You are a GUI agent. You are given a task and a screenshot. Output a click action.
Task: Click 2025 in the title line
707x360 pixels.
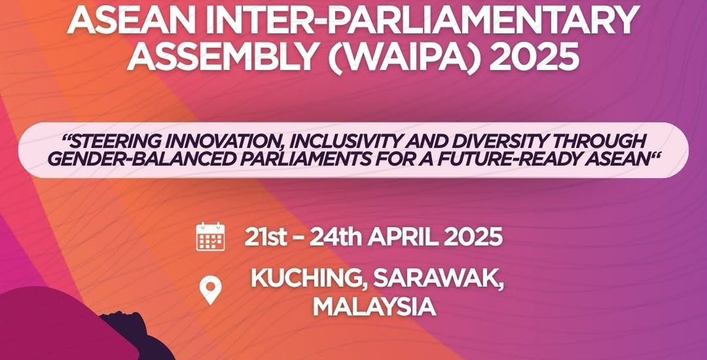534,56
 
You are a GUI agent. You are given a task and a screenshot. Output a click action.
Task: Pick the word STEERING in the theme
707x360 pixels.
115,141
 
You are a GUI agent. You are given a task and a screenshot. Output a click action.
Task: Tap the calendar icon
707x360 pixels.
211,236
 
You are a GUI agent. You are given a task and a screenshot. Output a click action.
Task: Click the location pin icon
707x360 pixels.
211,290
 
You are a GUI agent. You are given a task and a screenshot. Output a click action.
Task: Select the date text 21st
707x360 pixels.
266,237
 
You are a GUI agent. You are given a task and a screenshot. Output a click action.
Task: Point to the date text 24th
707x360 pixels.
335,237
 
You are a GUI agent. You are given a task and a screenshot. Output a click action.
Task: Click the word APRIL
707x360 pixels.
403,237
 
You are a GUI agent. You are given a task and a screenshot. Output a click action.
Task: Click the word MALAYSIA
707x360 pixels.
374,307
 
